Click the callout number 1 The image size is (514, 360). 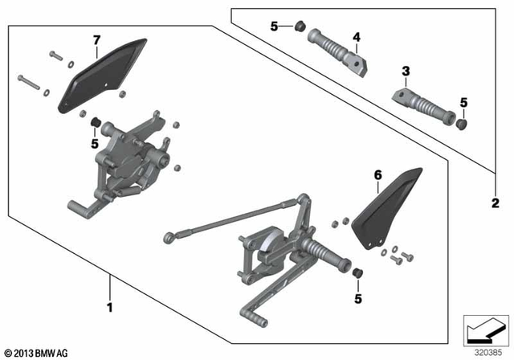pyautogui.click(x=110, y=306)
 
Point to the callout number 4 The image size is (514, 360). pyautogui.click(x=357, y=36)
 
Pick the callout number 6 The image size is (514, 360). pyautogui.click(x=376, y=174)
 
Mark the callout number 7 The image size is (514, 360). pyautogui.click(x=96, y=39)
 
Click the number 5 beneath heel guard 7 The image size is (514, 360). pyautogui.click(x=95, y=144)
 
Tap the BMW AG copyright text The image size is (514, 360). pyautogui.click(x=38, y=353)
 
